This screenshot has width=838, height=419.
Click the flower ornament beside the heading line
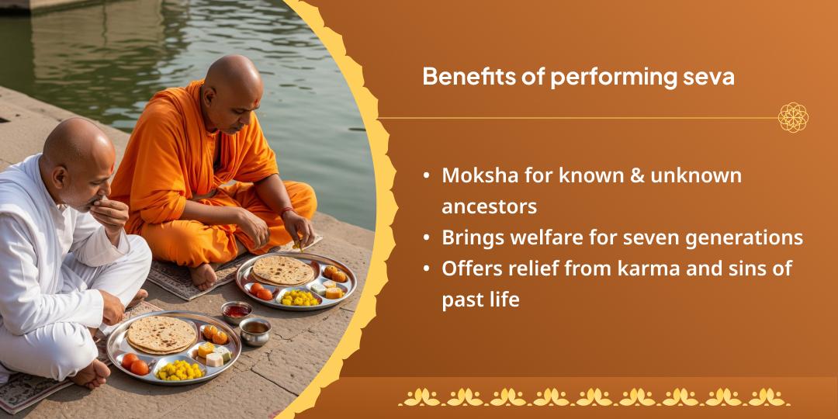[793, 118]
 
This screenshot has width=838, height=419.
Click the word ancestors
[489, 206]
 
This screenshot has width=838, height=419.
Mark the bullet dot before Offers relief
[428, 268]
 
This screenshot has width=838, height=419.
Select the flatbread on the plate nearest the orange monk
[283, 269]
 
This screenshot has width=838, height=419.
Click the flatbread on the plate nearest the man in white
[161, 333]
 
